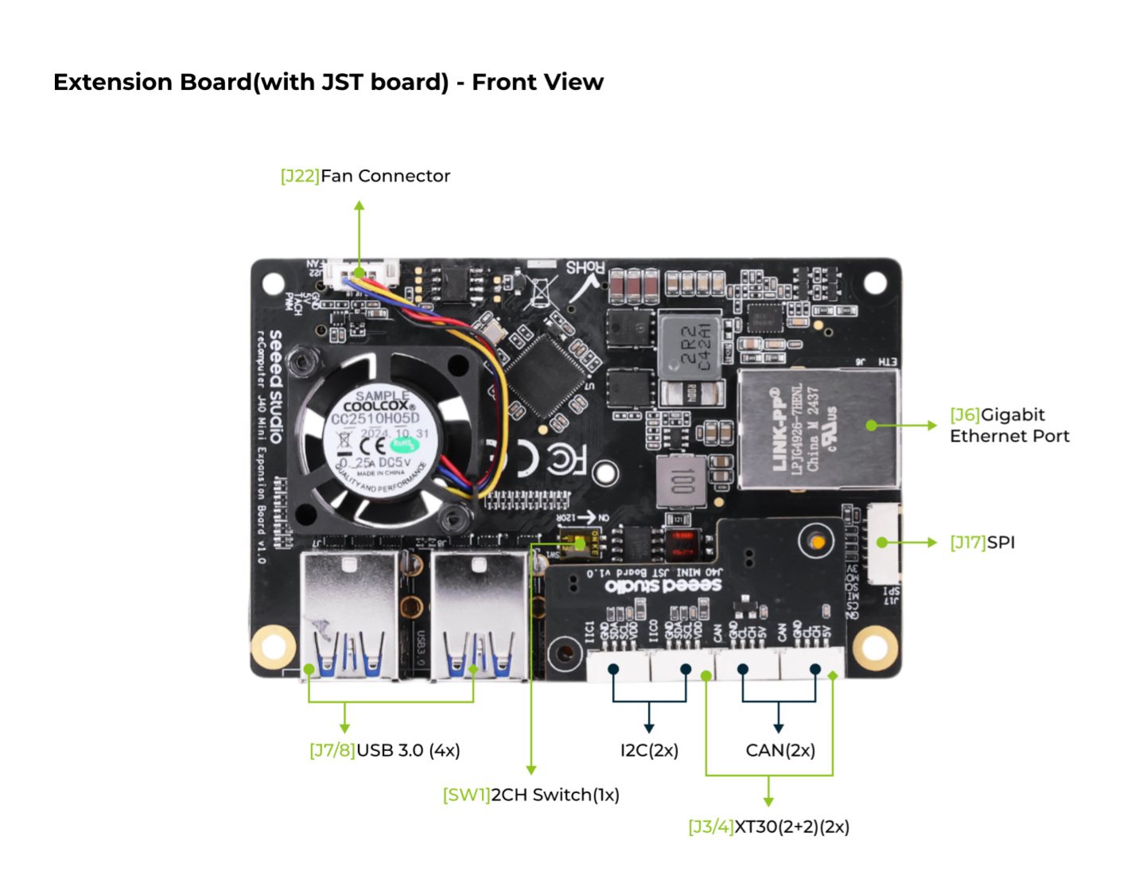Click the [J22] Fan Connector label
click(365, 176)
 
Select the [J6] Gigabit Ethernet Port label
click(1009, 425)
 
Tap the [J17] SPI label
click(982, 543)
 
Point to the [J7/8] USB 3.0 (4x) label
click(384, 750)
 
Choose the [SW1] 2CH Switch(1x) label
click(531, 795)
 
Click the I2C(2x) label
click(649, 750)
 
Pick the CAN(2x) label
click(780, 750)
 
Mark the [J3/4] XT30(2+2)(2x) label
click(768, 827)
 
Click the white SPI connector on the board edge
click(883, 543)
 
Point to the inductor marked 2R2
click(690, 347)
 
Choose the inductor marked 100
click(682, 481)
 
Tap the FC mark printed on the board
click(566, 459)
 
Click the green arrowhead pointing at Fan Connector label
click(360, 206)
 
